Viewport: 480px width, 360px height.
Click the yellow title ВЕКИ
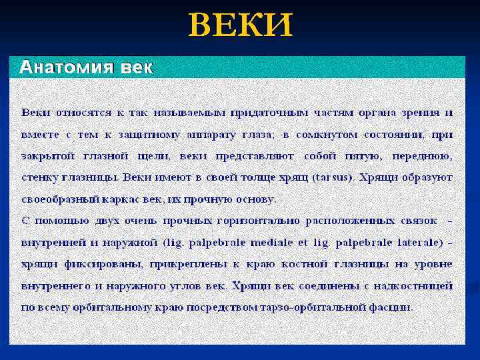[241, 26]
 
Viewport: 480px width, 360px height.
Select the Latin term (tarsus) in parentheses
[335, 177]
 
